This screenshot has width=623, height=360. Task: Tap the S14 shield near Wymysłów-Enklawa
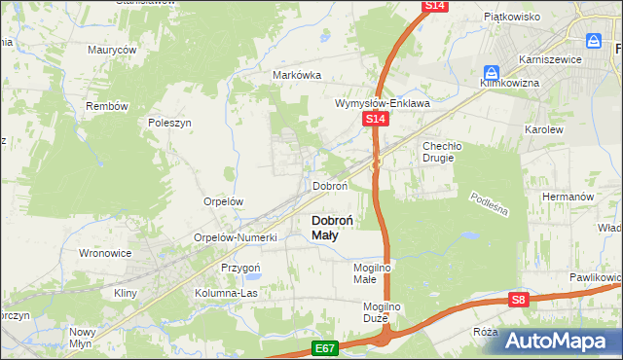coord(377,119)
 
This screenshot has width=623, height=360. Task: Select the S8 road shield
coord(519,301)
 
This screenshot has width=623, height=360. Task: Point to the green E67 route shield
coord(326,346)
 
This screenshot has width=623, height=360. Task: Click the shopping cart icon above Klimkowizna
coord(493,72)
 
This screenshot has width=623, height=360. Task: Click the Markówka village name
coord(297,76)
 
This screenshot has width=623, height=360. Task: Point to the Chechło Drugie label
coord(445,152)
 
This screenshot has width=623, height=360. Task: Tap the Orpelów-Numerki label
coord(237,237)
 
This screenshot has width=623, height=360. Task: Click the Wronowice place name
coord(104,253)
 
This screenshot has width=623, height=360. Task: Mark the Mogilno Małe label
coord(371,272)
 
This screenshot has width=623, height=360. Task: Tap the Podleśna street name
coord(490,205)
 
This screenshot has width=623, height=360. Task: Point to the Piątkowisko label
coord(512,17)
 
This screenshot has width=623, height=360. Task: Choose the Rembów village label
coord(103,106)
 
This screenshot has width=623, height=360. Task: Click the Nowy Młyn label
coord(82,338)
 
